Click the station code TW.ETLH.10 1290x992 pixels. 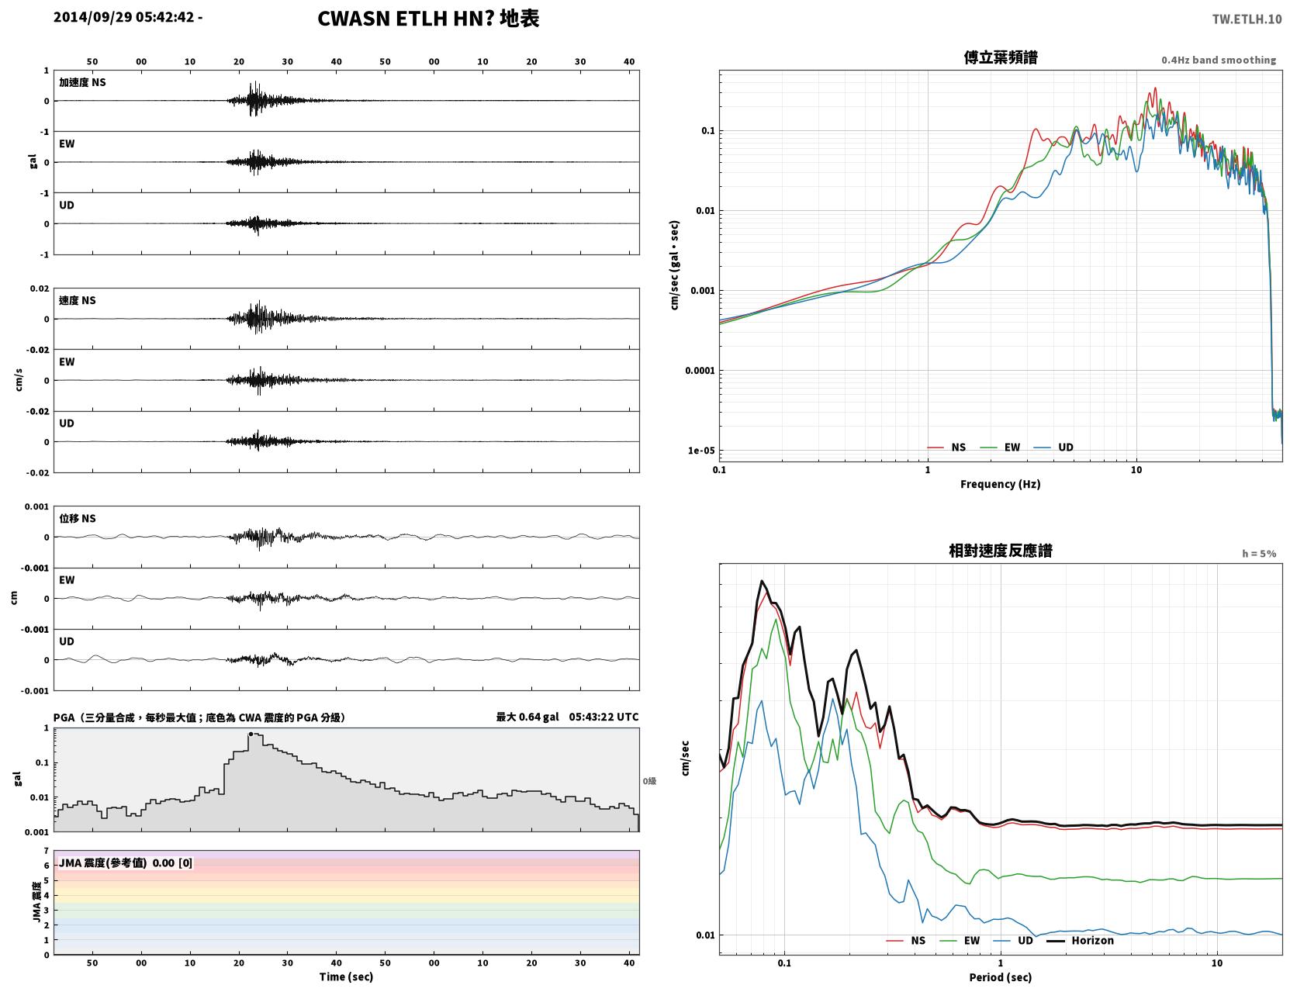pos(1246,19)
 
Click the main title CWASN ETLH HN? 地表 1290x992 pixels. pos(428,19)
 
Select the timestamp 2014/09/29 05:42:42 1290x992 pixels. pos(123,16)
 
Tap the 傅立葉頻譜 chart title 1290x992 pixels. pos(1000,57)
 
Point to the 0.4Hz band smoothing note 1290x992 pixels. pos(1218,60)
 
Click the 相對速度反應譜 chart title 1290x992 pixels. pos(1000,551)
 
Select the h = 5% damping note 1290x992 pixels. pos(1258,554)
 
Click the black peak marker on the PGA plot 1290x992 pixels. pos(251,734)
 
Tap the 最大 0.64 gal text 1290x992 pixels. pos(527,717)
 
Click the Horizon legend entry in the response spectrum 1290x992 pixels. pos(1079,940)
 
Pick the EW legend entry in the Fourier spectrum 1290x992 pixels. pos(1000,448)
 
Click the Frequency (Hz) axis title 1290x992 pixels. pos(1000,484)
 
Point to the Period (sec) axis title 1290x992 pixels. pos(1000,977)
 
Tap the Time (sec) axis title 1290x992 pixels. pos(346,976)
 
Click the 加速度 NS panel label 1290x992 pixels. pos(82,82)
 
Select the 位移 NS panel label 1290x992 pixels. pos(77,519)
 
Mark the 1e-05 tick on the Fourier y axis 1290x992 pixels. pos(701,451)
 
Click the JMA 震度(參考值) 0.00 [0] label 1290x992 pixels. pos(125,862)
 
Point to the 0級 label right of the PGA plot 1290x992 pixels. pos(649,781)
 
